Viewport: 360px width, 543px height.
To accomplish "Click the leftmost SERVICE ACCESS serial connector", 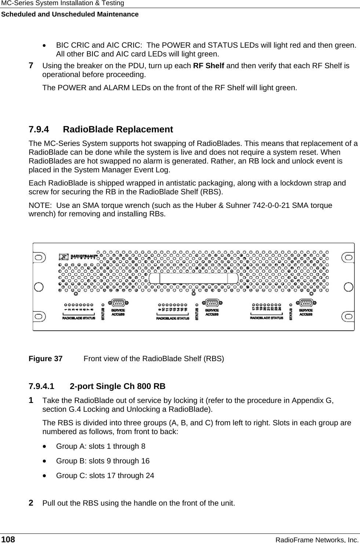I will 118,303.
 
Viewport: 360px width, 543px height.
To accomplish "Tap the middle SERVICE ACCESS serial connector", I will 212,303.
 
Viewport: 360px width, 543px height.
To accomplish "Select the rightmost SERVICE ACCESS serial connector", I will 306,303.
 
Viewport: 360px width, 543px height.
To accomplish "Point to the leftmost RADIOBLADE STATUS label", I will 79,318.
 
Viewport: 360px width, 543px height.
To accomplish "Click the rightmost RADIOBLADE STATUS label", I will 267,318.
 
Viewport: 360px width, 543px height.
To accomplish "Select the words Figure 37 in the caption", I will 46,359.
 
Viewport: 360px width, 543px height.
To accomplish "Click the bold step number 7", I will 32,66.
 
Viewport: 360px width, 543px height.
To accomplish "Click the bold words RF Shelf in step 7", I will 209,66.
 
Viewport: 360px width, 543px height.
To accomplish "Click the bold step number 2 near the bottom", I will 32,502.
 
